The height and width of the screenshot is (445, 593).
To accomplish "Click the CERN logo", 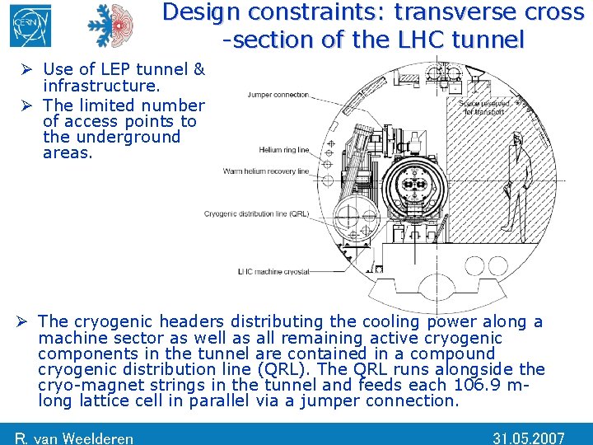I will coord(30,26).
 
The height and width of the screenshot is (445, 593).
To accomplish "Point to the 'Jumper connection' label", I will coord(278,95).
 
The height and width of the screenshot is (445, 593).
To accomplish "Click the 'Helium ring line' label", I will coord(283,150).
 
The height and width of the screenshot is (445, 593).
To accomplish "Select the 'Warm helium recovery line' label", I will coord(265,171).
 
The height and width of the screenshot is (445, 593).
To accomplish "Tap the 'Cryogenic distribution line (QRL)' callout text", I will coord(256,214).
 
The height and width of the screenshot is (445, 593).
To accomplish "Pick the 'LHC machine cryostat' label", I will coord(273,271).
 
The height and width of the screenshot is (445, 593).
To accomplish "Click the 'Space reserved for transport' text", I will coord(483,107).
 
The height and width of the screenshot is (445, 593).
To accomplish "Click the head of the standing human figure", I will coord(517,140).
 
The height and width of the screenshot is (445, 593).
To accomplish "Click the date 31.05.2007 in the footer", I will coord(529,438).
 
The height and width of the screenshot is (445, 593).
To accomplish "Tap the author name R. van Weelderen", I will coord(74,438).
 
